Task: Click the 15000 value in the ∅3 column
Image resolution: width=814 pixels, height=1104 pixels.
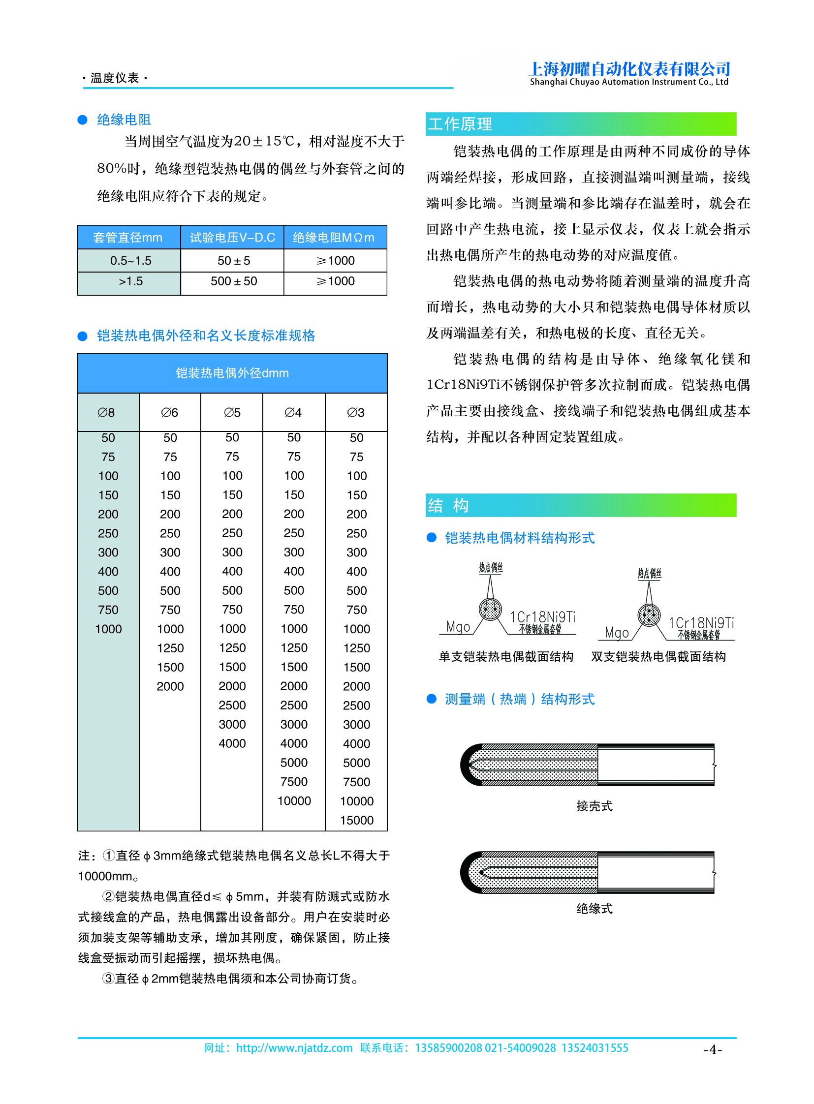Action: click(x=356, y=820)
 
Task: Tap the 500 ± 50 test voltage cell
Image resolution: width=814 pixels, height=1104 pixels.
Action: click(x=234, y=281)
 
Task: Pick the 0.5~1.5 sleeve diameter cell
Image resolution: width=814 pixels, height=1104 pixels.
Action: click(x=130, y=261)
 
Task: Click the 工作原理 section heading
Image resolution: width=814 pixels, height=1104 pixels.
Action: click(x=460, y=124)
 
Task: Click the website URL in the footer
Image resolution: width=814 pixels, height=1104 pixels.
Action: click(x=294, y=1048)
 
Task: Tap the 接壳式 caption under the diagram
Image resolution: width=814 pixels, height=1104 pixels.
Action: click(x=594, y=806)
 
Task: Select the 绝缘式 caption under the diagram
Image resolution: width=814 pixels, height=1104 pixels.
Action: click(x=594, y=908)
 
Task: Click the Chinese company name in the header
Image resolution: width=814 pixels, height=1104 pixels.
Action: click(x=629, y=68)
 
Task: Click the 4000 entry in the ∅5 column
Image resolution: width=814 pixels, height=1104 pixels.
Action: click(x=232, y=743)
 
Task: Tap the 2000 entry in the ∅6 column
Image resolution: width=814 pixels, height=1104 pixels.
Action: click(x=170, y=686)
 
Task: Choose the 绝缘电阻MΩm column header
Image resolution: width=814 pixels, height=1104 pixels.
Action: click(x=334, y=238)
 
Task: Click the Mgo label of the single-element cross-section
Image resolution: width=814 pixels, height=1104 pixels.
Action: click(x=458, y=627)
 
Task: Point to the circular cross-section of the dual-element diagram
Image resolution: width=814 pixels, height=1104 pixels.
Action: click(x=649, y=615)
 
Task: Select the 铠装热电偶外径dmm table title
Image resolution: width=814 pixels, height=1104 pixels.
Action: click(x=232, y=373)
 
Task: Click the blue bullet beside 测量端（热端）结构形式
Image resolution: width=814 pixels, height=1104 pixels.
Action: click(x=432, y=699)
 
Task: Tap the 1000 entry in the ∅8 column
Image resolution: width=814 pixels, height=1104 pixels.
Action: click(x=108, y=629)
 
